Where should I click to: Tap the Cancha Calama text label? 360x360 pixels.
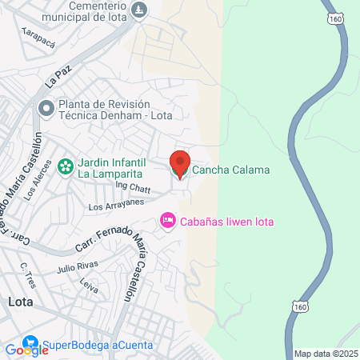click(x=230, y=170)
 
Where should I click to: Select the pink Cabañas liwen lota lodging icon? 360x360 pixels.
click(x=168, y=220)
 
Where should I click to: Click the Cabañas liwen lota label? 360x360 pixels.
click(x=226, y=221)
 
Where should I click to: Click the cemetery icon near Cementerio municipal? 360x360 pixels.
click(x=140, y=10)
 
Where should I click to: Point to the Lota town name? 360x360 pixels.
click(x=19, y=302)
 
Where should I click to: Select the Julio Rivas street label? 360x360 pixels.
click(x=78, y=265)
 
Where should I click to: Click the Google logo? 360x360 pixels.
click(x=26, y=349)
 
